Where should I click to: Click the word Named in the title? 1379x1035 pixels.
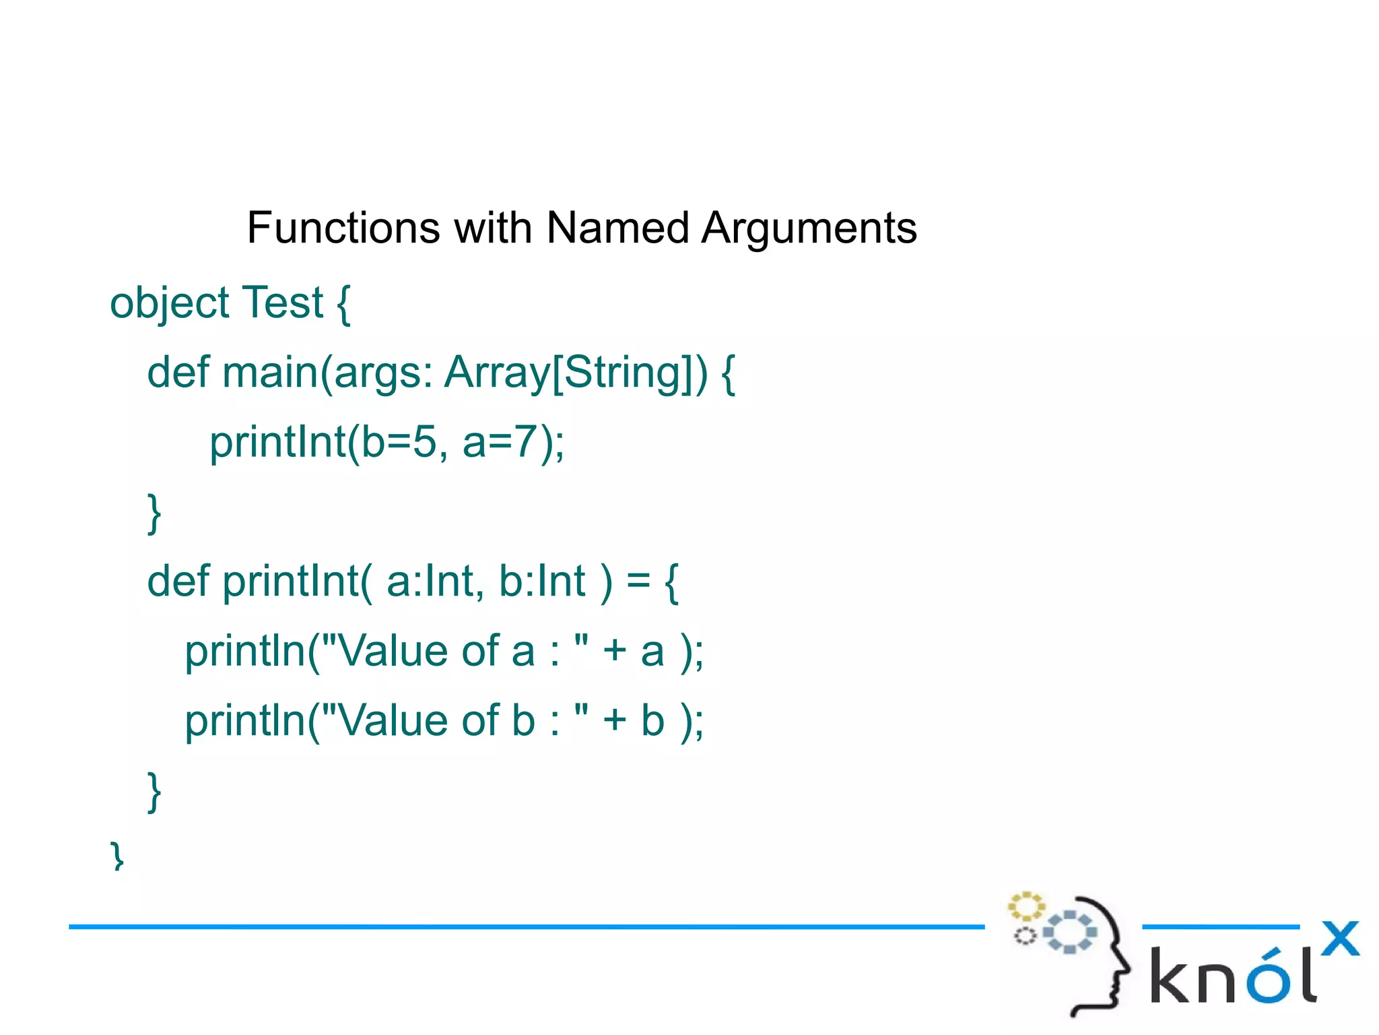(x=617, y=228)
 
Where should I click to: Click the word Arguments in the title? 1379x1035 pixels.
(x=809, y=228)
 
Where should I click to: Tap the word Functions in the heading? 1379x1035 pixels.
(x=343, y=228)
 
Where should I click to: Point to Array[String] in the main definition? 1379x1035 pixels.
(x=576, y=373)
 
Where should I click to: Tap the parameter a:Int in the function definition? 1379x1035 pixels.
(x=428, y=581)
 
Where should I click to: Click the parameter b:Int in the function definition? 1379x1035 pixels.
(x=541, y=581)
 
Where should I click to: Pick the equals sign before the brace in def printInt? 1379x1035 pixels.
(x=638, y=581)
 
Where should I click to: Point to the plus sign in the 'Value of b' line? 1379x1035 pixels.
(x=614, y=721)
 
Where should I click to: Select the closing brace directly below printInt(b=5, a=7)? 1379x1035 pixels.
(x=154, y=513)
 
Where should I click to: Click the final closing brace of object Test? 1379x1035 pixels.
(x=117, y=856)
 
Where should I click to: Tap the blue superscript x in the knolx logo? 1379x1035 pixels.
(x=1340, y=938)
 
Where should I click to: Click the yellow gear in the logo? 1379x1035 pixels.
(x=1025, y=906)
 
